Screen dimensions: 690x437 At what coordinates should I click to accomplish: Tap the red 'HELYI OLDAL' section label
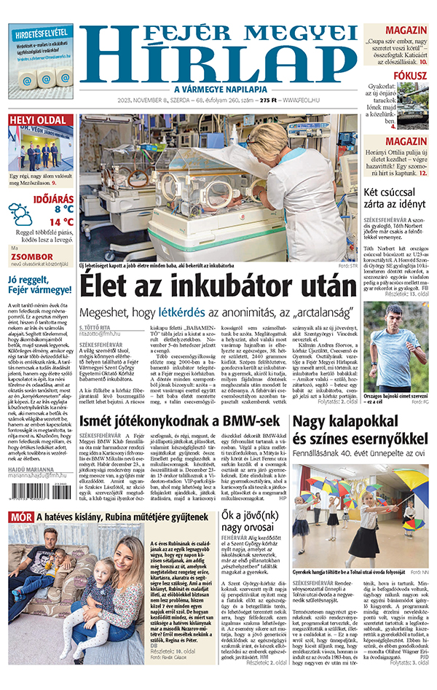(39, 120)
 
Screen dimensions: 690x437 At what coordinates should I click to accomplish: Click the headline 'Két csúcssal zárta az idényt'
(395, 197)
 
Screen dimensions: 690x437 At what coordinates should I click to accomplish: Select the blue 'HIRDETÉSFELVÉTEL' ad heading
(41, 33)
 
